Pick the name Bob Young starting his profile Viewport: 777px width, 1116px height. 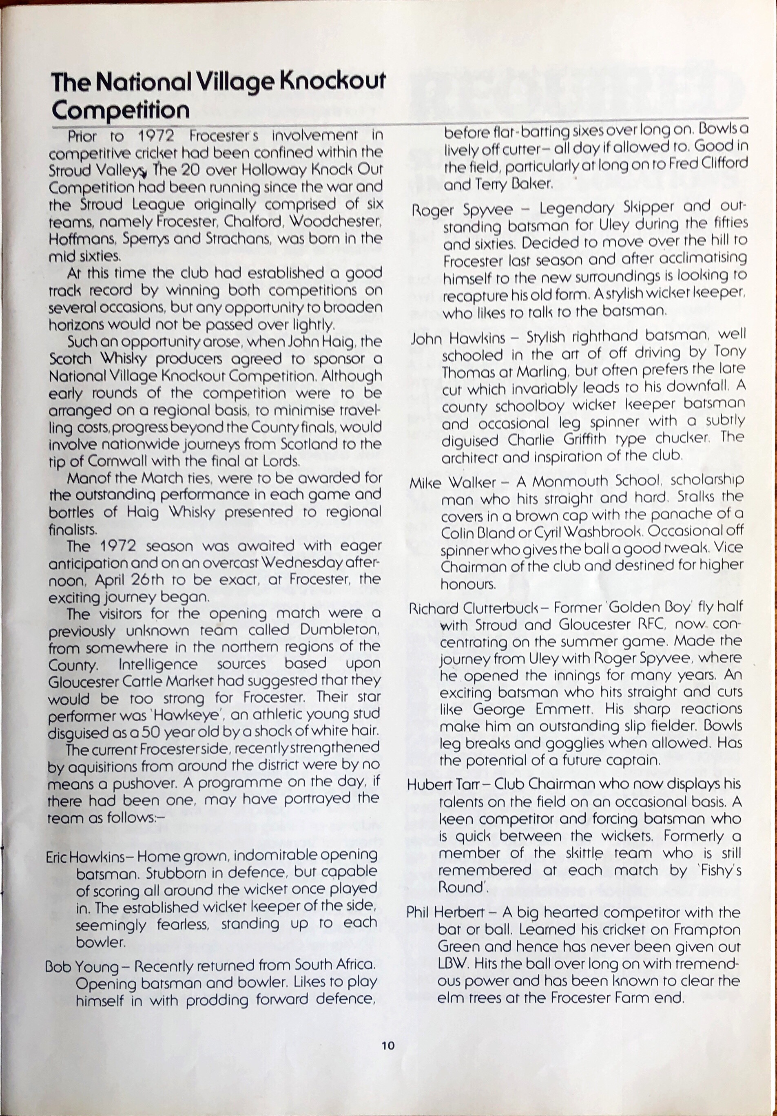point(81,965)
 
